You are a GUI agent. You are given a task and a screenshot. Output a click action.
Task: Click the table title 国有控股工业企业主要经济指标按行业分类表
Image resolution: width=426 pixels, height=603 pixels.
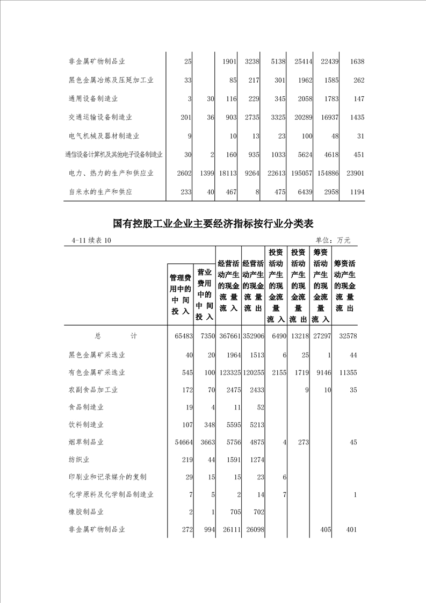[x=213, y=223]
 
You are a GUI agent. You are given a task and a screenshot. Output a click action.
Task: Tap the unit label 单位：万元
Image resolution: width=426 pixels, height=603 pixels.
[x=333, y=240]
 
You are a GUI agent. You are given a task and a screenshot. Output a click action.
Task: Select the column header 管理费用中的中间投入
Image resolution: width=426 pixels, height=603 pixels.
[x=180, y=295]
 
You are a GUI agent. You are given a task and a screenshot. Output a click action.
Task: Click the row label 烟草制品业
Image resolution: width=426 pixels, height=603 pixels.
[x=86, y=442]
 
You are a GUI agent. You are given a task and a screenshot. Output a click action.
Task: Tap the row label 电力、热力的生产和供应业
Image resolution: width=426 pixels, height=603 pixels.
[x=111, y=173]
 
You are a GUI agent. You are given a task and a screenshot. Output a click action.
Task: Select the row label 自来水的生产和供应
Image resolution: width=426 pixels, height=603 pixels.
[x=100, y=191]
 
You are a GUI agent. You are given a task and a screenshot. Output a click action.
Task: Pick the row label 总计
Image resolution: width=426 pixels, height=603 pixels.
[x=116, y=336]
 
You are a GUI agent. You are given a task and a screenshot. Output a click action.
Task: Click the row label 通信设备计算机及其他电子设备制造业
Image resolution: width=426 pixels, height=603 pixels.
[x=113, y=155]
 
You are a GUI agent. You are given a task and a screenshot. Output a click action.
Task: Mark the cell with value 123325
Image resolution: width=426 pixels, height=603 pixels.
[x=228, y=372]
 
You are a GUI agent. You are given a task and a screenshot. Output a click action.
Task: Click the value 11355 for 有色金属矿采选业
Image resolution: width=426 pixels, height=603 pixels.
[x=346, y=372]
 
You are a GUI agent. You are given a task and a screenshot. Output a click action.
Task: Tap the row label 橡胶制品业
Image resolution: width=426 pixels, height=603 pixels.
[x=86, y=512]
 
